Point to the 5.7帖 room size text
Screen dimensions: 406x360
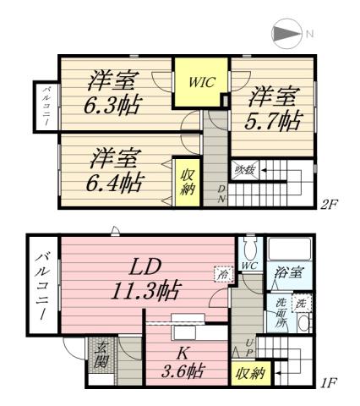point(274,108)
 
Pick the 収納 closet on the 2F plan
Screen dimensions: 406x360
point(187,180)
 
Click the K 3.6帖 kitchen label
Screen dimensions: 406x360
point(183,362)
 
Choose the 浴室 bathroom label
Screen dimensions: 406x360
point(288,272)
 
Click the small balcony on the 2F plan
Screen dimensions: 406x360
point(43,107)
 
